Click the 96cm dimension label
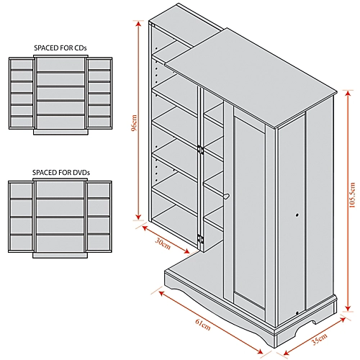coord(135,123)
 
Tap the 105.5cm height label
coord(352,195)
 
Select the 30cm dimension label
coord(163,243)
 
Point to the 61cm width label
coord(203,325)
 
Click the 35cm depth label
coord(320,339)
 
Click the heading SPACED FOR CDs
coord(60,48)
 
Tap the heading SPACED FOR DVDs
coord(61,173)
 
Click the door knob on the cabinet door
coord(226,197)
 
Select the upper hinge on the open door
coord(200,150)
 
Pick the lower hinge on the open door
coord(200,239)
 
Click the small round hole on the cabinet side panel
coord(297,215)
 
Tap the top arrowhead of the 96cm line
coord(138,24)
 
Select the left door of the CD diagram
coord(22,93)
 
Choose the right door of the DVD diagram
coord(99,217)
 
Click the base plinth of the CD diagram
coord(60,132)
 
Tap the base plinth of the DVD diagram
coord(60,255)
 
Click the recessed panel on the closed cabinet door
coord(250,211)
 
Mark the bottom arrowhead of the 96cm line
coord(138,217)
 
